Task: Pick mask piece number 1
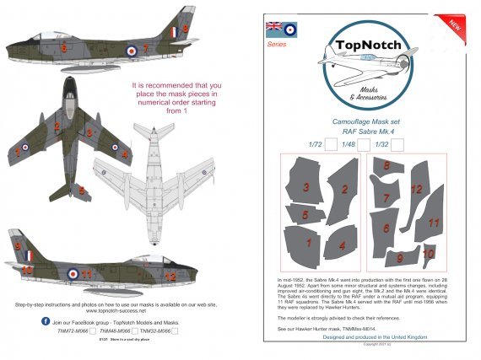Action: pyautogui.click(x=309, y=244)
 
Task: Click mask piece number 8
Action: pyautogui.click(x=386, y=169)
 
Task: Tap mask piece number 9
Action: pyautogui.click(x=399, y=257)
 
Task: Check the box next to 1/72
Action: pyautogui.click(x=331, y=145)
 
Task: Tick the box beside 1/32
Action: pyautogui.click(x=397, y=145)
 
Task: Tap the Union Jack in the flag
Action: pyautogui.click(x=275, y=27)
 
